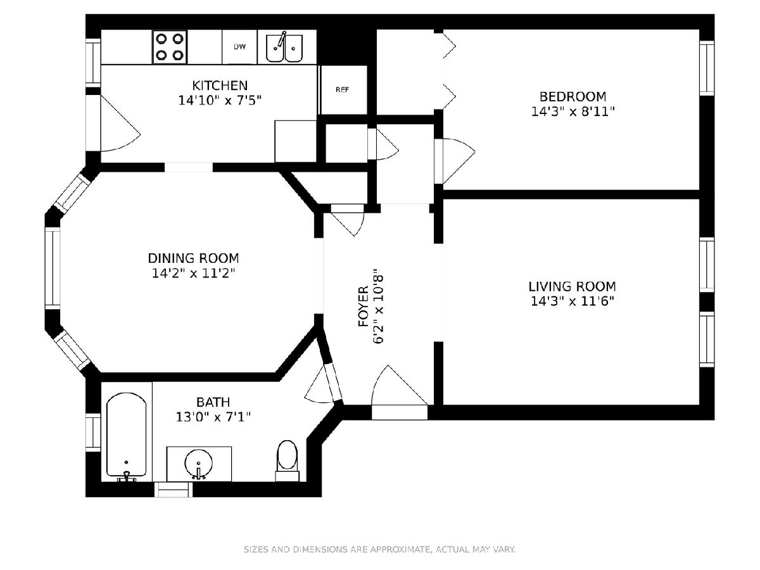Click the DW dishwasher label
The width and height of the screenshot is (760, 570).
tap(239, 47)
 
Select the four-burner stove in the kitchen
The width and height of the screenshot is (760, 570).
tap(170, 47)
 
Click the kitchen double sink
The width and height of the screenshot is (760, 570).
tap(284, 47)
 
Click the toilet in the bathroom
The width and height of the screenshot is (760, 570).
tap(288, 461)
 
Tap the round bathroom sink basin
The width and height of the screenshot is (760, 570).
tap(198, 463)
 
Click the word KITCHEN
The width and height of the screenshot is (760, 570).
tap(220, 85)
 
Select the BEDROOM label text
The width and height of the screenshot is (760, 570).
tap(573, 96)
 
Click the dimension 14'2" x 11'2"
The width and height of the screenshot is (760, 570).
tap(194, 274)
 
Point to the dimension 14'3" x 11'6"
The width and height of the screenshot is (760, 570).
tap(573, 301)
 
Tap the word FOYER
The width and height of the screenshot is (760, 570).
tap(363, 307)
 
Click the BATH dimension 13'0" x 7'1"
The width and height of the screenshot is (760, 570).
tap(213, 417)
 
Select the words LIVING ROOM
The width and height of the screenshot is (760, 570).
tap(573, 286)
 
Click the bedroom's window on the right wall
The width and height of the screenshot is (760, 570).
tap(707, 68)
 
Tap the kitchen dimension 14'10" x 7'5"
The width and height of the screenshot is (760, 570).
tap(220, 101)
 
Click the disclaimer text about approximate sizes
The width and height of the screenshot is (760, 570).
tap(379, 549)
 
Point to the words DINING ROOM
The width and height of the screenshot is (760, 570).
tap(194, 258)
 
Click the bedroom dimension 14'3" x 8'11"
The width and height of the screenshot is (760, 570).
tap(573, 112)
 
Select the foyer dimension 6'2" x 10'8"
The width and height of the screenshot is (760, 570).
tap(379, 307)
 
